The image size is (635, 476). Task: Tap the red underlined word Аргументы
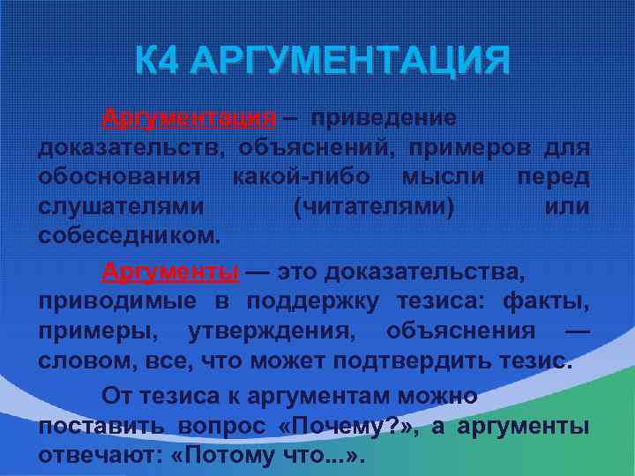(x=169, y=271)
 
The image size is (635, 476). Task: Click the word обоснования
(x=119, y=178)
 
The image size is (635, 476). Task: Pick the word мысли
(x=443, y=178)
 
